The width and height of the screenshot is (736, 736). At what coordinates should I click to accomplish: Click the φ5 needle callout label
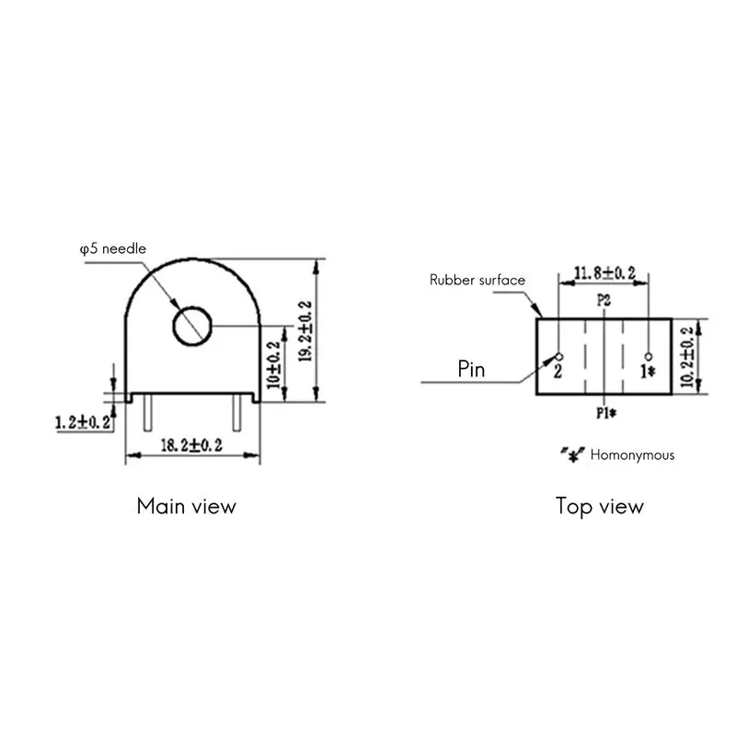[113, 248]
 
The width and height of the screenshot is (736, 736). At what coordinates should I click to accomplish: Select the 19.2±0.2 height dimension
[305, 331]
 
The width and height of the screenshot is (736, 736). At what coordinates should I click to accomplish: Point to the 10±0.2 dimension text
[273, 365]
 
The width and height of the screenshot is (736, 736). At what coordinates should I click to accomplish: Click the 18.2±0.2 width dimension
[191, 445]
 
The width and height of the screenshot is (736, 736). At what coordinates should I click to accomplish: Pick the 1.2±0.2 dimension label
[83, 422]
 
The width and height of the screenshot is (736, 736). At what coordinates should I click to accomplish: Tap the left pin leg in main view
[147, 412]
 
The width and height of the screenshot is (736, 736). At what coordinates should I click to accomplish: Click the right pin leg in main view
[237, 412]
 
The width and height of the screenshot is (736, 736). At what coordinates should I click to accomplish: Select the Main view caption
[187, 506]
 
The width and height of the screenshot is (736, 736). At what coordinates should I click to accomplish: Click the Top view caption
[600, 507]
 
